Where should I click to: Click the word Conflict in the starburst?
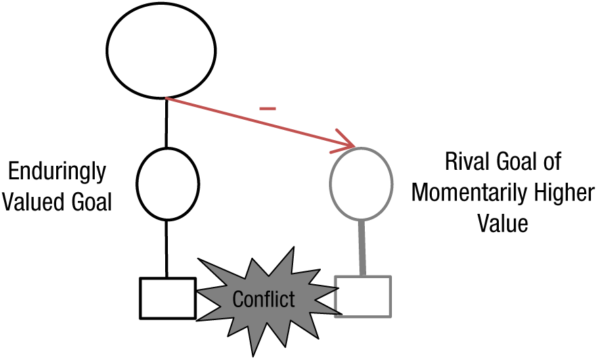coord(263,299)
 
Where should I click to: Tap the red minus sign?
coord(267,109)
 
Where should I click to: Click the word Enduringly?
coord(57,173)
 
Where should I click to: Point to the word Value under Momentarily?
coord(503,223)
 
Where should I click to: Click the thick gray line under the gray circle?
coord(361,248)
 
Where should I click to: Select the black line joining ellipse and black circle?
coord(166,123)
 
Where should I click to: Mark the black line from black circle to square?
coord(167,249)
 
